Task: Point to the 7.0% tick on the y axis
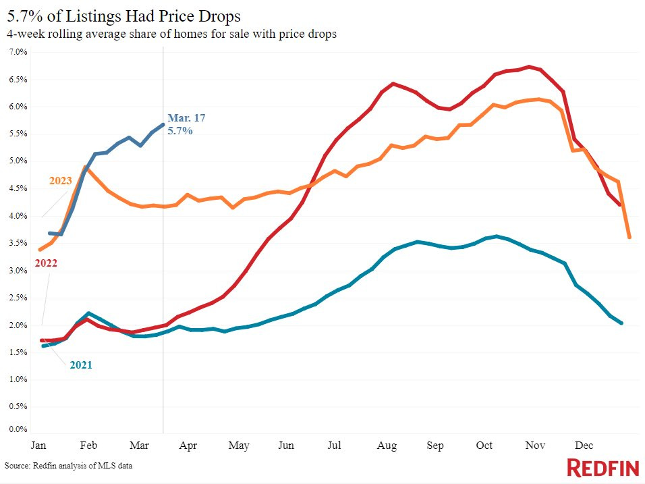coord(18,52)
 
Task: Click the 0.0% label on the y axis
coord(18,429)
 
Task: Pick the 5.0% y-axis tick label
coord(18,161)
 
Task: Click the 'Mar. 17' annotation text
coord(186,118)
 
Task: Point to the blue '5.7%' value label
coord(180,131)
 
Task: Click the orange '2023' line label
coord(60,181)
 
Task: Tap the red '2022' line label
coord(46,263)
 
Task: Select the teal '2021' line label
coord(81,365)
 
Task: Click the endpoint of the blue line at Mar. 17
coord(163,124)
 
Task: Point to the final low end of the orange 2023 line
coord(629,237)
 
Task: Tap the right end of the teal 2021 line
coord(621,323)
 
